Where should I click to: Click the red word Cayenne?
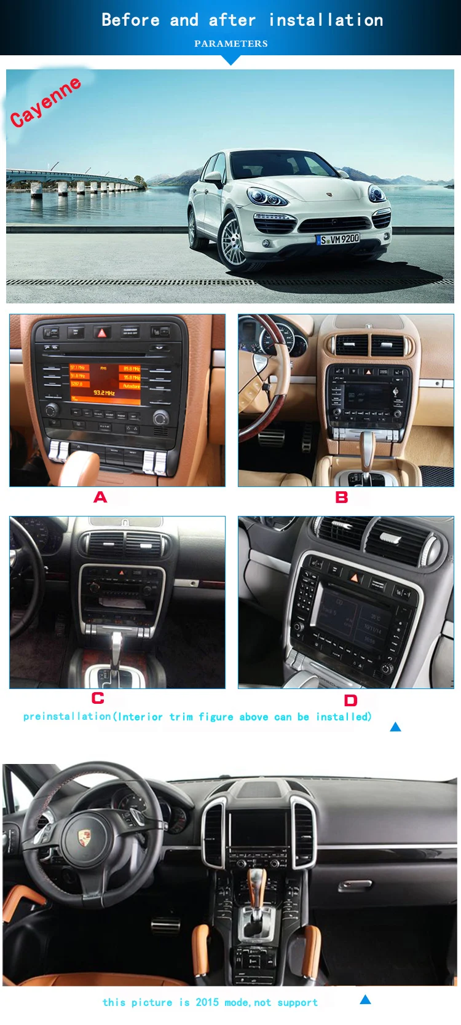45,101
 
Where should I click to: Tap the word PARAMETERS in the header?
230,44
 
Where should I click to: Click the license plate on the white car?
338,239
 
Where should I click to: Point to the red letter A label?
100,497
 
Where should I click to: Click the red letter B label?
342,497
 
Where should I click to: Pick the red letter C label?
98,698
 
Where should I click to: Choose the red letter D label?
350,700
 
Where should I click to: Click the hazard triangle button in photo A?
102,332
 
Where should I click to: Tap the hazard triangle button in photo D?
354,577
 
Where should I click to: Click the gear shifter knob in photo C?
116,641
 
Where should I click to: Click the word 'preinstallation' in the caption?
67,717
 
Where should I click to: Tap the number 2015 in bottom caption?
207,1002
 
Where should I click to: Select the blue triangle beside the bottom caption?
365,1000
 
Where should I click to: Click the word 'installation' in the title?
326,20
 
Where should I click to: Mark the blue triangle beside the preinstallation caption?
395,727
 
